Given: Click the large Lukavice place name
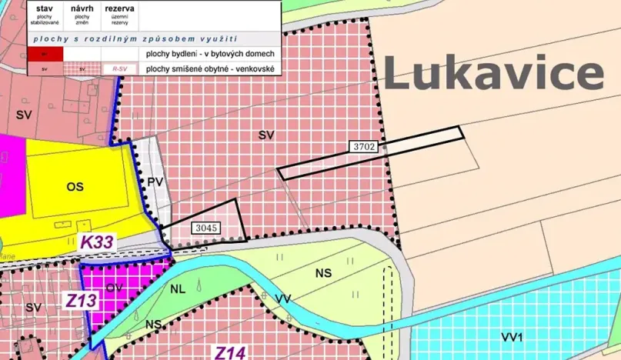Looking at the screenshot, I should point(493,74).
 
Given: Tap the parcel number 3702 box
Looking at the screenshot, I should point(365,146).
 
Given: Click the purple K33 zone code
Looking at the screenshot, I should point(97,242).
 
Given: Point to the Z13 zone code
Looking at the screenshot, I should point(80,300).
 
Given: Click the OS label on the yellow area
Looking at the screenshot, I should point(75,186).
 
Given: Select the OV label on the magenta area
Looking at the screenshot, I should point(115,288).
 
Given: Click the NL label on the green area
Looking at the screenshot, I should point(178,291).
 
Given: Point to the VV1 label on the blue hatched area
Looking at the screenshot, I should point(512,337).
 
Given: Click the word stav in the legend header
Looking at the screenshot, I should point(44,8).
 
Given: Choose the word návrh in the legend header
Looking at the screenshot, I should point(82,8).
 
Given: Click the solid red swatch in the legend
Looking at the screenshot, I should point(44,54).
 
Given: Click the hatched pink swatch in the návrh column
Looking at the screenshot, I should point(82,69).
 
